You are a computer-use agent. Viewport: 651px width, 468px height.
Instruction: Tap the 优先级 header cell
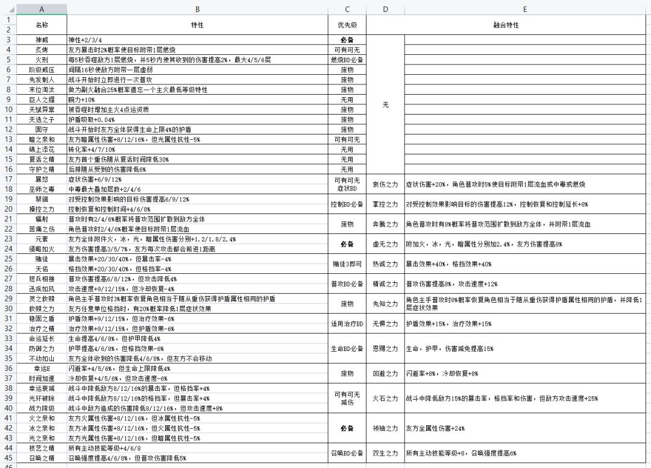[347, 25]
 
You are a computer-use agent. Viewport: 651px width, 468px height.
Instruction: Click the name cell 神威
[41, 40]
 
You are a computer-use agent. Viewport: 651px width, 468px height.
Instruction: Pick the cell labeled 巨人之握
[41, 100]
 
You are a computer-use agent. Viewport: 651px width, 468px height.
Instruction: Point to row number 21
[8, 219]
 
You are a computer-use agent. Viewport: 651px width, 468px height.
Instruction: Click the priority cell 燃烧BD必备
[347, 60]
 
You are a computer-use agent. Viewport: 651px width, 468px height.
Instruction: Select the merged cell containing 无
[385, 104]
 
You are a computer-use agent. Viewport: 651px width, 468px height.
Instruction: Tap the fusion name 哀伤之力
[385, 184]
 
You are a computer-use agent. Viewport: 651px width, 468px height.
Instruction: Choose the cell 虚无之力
[385, 244]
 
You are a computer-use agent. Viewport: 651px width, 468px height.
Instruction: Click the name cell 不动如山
[41, 358]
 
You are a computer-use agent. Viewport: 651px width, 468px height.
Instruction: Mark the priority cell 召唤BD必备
[347, 453]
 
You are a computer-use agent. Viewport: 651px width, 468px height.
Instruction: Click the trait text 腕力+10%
[82, 100]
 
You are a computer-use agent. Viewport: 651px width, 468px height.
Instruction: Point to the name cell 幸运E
[41, 368]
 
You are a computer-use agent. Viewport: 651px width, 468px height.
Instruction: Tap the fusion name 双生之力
[385, 453]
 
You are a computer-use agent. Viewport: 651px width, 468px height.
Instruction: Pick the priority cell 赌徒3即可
[347, 264]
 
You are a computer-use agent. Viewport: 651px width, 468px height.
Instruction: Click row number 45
[8, 458]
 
